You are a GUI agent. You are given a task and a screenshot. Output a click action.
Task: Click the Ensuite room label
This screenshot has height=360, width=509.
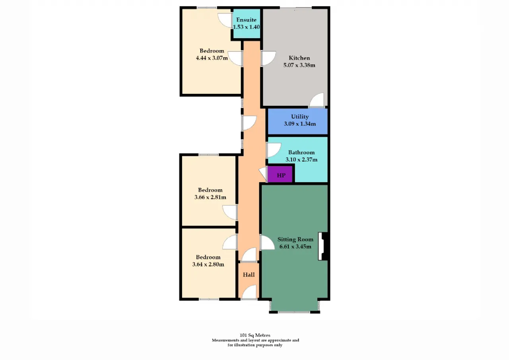(x=246, y=20)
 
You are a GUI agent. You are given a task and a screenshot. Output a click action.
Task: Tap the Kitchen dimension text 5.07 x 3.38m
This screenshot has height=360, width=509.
(x=299, y=65)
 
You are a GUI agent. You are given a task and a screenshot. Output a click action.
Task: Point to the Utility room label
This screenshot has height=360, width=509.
(x=300, y=117)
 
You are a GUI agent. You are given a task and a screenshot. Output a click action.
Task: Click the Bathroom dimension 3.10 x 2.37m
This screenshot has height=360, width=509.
(x=301, y=160)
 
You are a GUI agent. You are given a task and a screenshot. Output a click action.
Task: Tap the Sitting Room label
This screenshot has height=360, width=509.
(x=295, y=239)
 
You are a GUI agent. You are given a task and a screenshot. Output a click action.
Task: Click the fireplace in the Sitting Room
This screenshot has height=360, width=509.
(x=322, y=246)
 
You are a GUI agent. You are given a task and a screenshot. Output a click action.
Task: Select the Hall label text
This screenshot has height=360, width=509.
(x=249, y=275)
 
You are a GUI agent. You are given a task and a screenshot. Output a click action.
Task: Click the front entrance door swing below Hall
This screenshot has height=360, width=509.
(x=249, y=292)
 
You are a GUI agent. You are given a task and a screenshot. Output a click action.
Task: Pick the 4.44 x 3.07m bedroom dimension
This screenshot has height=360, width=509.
(x=212, y=58)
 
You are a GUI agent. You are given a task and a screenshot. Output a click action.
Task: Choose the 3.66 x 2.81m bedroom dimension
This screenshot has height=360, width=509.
(x=210, y=197)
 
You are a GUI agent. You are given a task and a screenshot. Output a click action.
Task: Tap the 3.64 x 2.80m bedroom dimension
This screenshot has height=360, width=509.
(x=208, y=264)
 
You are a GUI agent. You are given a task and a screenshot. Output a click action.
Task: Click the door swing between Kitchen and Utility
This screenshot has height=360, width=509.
(x=317, y=100)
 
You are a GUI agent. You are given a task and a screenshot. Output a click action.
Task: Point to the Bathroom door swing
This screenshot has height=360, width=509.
(x=274, y=150)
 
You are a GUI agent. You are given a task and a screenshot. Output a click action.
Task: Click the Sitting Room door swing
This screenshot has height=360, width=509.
(x=267, y=243)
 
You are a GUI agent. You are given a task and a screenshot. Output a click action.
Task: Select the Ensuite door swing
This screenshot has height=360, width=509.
(x=225, y=20)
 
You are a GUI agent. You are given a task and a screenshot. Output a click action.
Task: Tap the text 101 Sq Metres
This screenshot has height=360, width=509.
(x=255, y=335)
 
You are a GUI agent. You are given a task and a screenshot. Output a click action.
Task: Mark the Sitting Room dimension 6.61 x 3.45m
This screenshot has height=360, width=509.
(x=295, y=247)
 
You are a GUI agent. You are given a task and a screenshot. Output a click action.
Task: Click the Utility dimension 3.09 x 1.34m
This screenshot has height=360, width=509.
(x=300, y=124)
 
